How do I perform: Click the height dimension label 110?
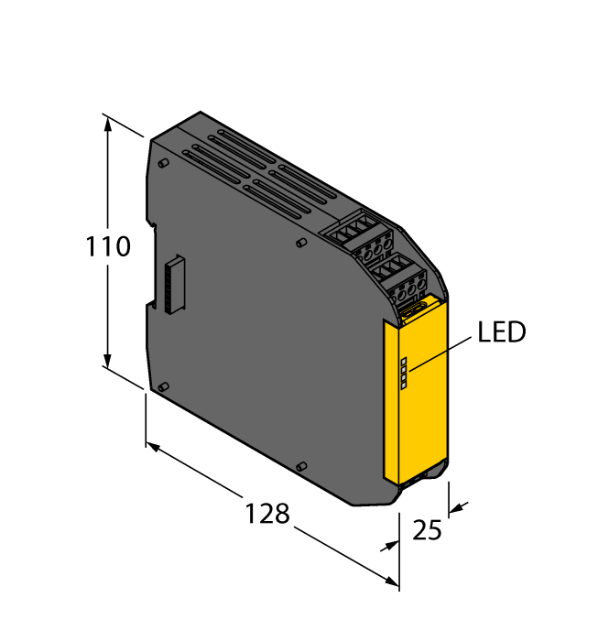pyautogui.click(x=109, y=247)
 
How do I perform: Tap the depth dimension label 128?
pyautogui.click(x=266, y=514)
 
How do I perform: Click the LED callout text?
pyautogui.click(x=502, y=332)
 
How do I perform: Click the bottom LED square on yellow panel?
pyautogui.click(x=404, y=386)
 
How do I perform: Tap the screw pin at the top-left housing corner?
pyautogui.click(x=162, y=164)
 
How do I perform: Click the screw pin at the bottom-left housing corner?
pyautogui.click(x=162, y=388)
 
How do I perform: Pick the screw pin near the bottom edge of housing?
pyautogui.click(x=301, y=468)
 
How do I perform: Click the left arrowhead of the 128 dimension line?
pyautogui.click(x=153, y=446)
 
